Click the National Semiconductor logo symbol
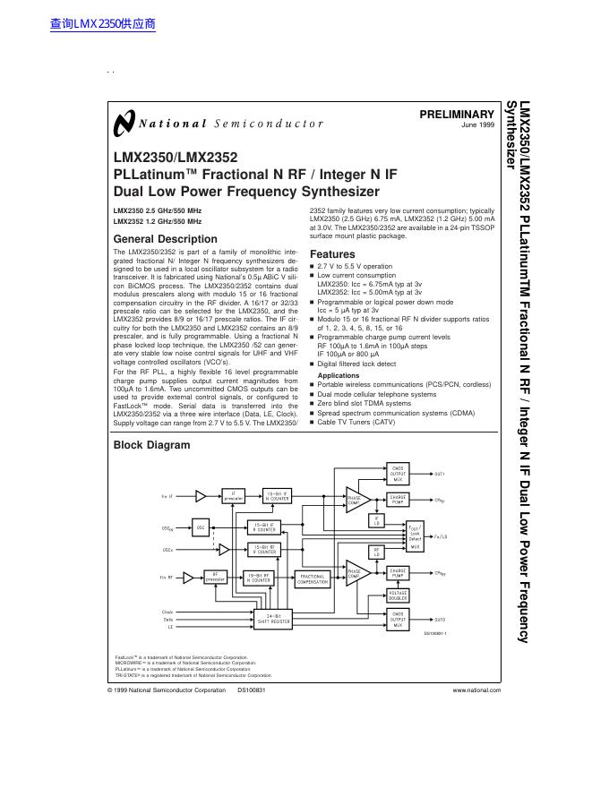(123, 123)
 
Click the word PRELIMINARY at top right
(457, 115)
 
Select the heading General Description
(165, 239)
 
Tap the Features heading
(332, 254)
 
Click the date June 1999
(477, 125)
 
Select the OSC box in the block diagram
(201, 528)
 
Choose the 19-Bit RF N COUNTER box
(258, 578)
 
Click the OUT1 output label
(440, 473)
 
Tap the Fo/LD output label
(441, 536)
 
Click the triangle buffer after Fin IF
(202, 495)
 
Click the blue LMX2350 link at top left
(104, 24)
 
